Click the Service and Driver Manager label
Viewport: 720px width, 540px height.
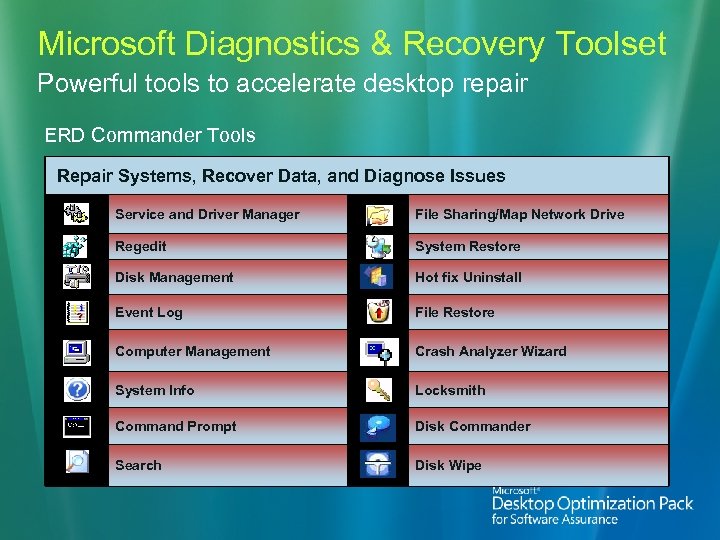[x=207, y=214]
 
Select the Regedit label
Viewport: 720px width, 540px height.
[x=141, y=246]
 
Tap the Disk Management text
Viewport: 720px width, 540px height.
[x=174, y=277]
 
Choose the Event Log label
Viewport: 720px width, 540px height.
[x=149, y=312]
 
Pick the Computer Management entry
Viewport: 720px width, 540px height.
[x=192, y=351]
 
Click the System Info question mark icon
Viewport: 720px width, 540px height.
[x=77, y=390]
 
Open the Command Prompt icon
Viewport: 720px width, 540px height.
[x=77, y=426]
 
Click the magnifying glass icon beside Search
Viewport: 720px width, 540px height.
[x=77, y=463]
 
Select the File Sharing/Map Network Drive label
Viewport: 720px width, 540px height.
[x=519, y=214]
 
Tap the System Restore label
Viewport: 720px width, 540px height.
[x=468, y=246]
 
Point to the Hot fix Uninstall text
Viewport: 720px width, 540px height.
[x=468, y=277]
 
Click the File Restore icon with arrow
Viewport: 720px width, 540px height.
[x=378, y=312]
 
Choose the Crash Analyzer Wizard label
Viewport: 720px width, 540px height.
[x=490, y=351]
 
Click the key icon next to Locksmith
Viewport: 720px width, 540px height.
[x=378, y=390]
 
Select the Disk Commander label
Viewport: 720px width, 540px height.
[x=473, y=426]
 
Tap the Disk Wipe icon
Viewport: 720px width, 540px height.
[x=378, y=465]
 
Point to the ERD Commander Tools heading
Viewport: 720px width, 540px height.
[x=150, y=135]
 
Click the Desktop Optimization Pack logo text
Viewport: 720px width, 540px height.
[x=592, y=504]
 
